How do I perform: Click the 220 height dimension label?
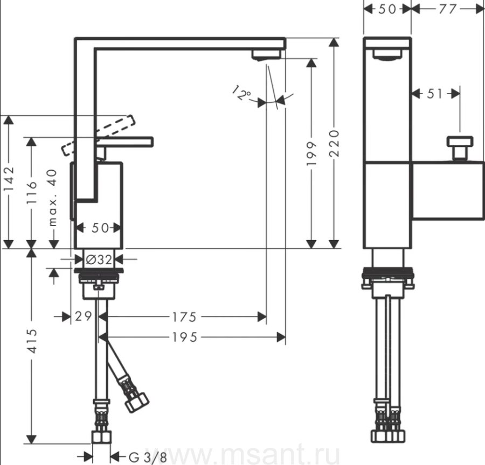click(335, 143)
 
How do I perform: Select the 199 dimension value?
click(312, 153)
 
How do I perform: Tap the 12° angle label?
click(241, 93)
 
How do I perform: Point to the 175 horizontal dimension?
click(184, 317)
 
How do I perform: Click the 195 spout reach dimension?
click(184, 337)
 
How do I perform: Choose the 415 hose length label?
click(32, 341)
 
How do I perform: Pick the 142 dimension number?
click(9, 179)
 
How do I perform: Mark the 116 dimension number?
click(32, 193)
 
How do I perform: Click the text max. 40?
click(53, 198)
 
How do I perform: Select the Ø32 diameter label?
click(99, 260)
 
